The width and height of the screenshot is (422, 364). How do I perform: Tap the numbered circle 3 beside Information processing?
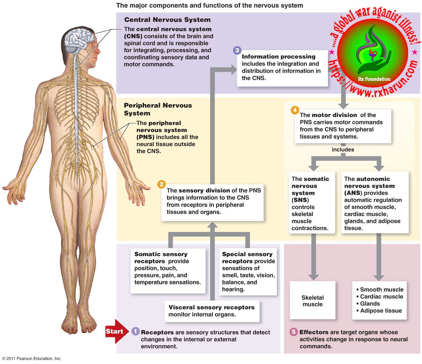[x=237, y=51]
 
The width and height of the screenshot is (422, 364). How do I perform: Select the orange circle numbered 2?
[x=162, y=184]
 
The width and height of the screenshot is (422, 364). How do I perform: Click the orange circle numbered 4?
[x=295, y=110]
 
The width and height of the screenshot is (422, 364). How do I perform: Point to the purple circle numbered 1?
[x=135, y=331]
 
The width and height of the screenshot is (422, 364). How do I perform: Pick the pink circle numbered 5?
[x=293, y=332]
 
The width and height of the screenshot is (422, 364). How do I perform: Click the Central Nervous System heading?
[x=167, y=20]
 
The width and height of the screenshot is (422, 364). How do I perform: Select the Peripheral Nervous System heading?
[x=158, y=109]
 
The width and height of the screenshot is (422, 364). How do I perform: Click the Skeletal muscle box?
[x=312, y=301]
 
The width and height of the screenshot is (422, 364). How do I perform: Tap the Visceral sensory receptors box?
[x=212, y=311]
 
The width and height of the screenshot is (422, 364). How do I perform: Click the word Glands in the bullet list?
[x=370, y=304]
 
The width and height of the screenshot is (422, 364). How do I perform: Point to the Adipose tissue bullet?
[x=381, y=311]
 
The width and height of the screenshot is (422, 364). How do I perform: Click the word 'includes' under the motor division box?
[x=343, y=150]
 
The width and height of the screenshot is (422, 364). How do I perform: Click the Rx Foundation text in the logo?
[x=374, y=79]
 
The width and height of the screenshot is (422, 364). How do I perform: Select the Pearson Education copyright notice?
[x=32, y=359]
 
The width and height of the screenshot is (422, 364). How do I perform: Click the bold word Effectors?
[x=314, y=332]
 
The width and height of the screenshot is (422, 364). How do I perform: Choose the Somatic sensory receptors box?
[x=168, y=268]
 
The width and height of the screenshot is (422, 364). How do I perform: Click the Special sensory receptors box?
[x=248, y=272]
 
